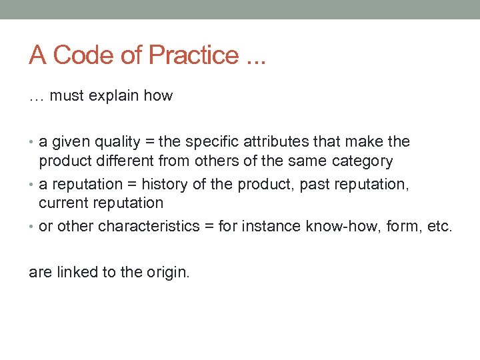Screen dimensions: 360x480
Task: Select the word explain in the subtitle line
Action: click(x=115, y=96)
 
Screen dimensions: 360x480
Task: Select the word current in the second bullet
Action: click(x=63, y=203)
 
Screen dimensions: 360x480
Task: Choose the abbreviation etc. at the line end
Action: click(x=439, y=227)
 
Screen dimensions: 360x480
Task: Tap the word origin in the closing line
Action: click(x=169, y=272)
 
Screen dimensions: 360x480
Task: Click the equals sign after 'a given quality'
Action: click(x=150, y=142)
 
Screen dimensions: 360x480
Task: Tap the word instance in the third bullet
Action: click(x=275, y=227)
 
